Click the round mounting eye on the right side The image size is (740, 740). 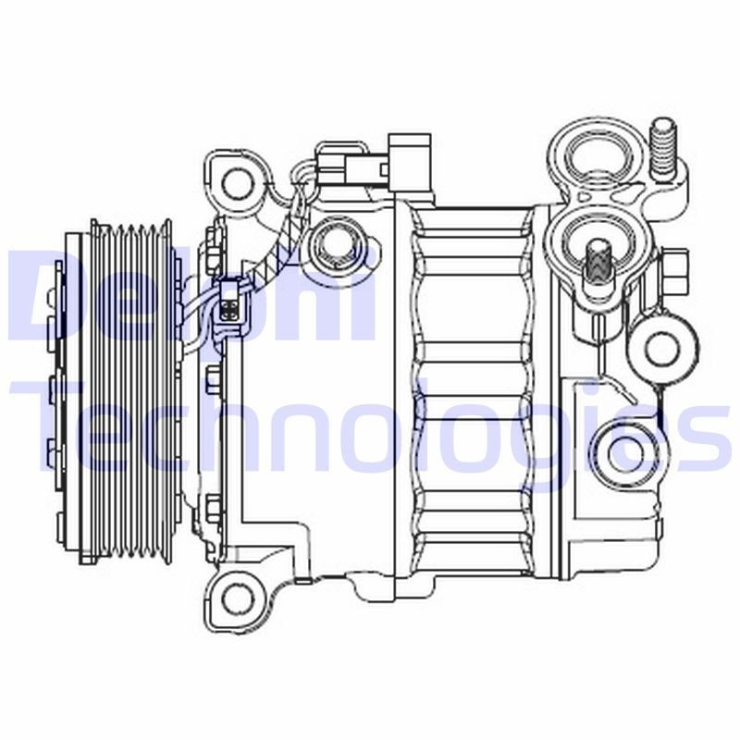tap(660, 348)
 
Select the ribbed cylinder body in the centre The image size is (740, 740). tap(472, 379)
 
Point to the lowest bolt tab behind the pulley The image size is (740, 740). tap(214, 505)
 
